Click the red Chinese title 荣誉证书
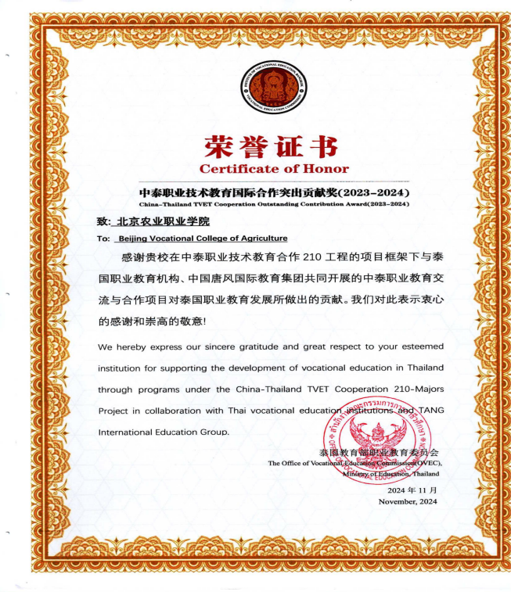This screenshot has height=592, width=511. click(x=271, y=146)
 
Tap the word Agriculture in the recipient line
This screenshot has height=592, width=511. click(x=259, y=239)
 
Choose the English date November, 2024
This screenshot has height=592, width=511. click(x=408, y=501)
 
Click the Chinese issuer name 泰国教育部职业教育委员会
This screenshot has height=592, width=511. click(x=380, y=453)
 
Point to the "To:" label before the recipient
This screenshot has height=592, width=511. click(x=103, y=239)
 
